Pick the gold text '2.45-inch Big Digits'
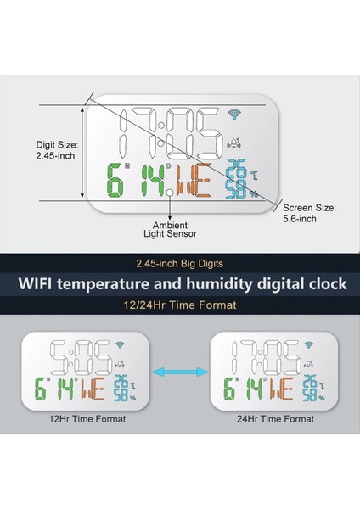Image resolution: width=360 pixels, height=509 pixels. [180, 263]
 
